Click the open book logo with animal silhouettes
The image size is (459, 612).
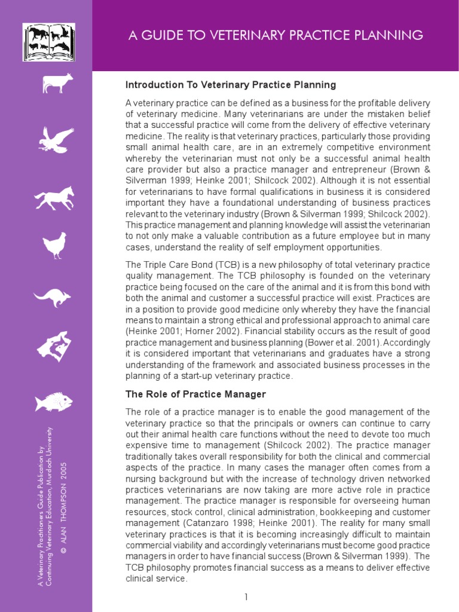49,42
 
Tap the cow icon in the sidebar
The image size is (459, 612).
57,83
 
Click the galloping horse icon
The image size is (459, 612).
54,197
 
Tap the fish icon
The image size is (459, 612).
54,402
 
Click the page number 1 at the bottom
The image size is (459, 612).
246,597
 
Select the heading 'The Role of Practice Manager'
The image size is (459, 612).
195,394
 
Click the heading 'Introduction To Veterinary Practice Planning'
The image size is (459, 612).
231,85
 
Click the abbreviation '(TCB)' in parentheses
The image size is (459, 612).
209,265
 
